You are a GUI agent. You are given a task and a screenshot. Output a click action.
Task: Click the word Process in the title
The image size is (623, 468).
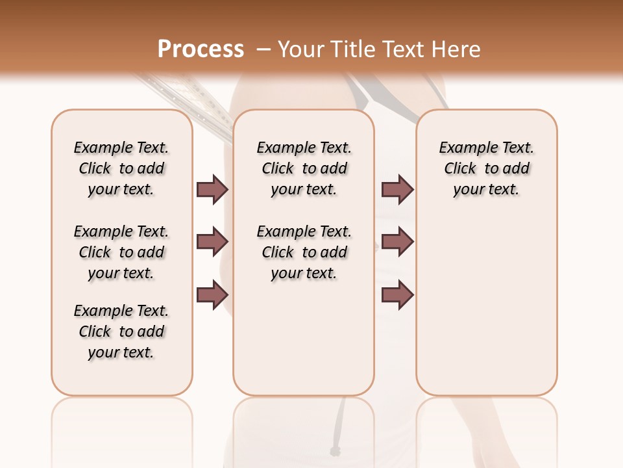(x=201, y=49)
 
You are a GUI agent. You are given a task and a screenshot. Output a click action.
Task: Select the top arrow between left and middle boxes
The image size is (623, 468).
(x=212, y=189)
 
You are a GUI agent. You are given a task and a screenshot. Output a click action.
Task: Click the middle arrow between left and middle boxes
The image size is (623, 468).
(x=212, y=242)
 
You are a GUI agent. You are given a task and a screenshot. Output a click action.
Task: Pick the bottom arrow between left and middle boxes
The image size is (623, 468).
(x=212, y=295)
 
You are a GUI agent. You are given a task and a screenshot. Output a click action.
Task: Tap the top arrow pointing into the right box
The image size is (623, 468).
(x=397, y=189)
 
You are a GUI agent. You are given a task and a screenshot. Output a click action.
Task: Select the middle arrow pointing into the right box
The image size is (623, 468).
(x=397, y=242)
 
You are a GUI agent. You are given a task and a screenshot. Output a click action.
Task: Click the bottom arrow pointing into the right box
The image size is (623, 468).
(x=397, y=295)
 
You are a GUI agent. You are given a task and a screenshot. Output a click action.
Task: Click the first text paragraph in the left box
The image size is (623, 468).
(x=121, y=168)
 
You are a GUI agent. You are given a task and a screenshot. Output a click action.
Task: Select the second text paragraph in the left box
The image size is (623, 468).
(x=121, y=252)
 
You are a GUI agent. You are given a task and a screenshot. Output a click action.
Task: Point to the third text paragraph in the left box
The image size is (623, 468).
(x=121, y=331)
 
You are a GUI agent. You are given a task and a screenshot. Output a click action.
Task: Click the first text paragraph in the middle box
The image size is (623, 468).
(x=304, y=168)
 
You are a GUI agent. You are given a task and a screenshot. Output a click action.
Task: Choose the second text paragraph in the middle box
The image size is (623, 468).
(x=304, y=252)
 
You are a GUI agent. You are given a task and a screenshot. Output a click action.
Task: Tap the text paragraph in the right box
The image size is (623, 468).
(x=487, y=168)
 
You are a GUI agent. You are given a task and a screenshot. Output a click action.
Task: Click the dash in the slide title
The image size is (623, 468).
(x=263, y=49)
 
